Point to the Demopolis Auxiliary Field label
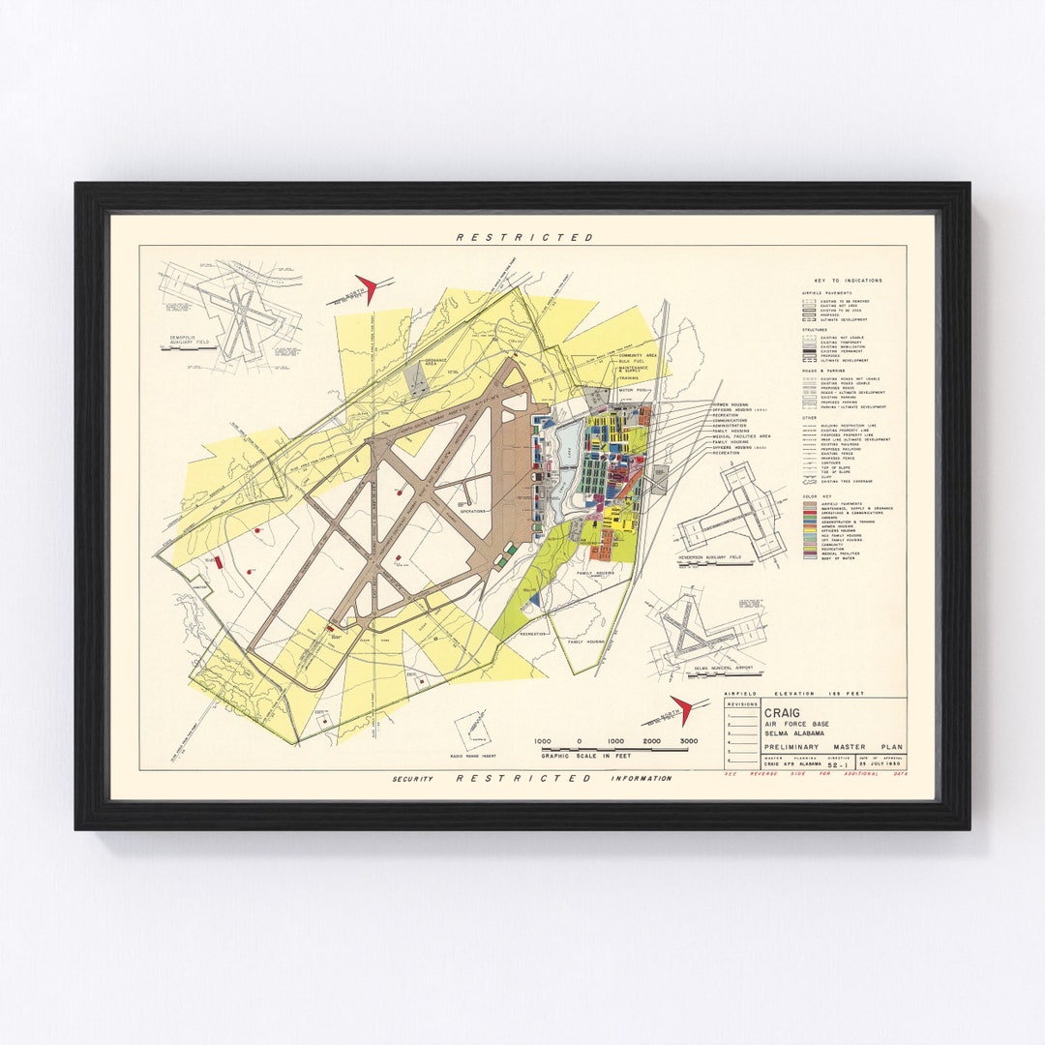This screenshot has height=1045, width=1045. [x=187, y=342]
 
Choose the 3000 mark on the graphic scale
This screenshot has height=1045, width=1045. [x=689, y=740]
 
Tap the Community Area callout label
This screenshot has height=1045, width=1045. [x=640, y=356]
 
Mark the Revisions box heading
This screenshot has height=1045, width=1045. [x=741, y=704]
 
